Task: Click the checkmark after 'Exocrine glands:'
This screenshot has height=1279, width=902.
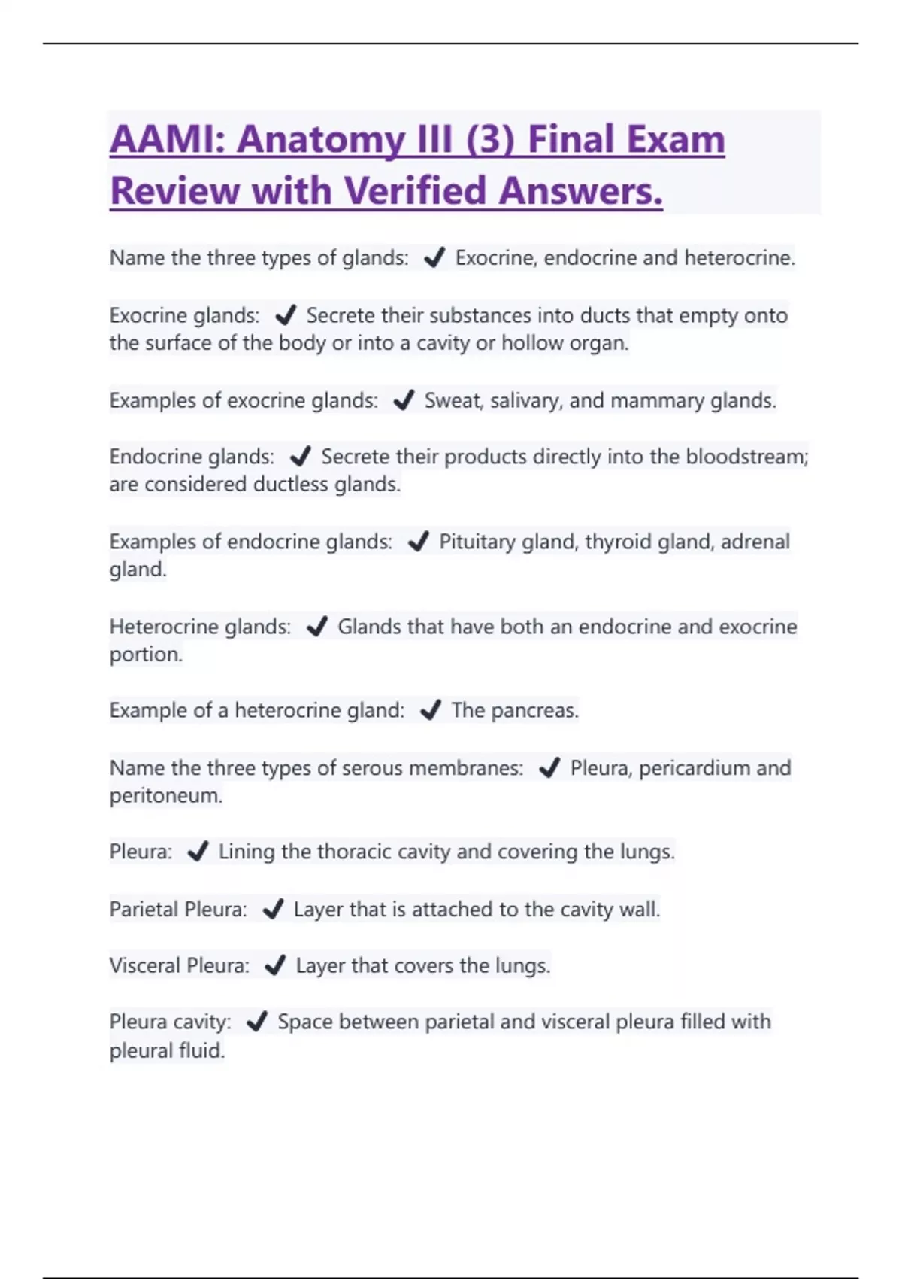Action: tap(286, 315)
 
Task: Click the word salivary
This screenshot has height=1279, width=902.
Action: tap(525, 400)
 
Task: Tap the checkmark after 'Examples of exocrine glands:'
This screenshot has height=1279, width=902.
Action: tap(404, 400)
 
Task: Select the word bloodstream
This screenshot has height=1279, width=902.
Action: tap(746, 457)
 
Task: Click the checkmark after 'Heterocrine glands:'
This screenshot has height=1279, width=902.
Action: tap(317, 627)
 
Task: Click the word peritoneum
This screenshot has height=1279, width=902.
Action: tap(165, 796)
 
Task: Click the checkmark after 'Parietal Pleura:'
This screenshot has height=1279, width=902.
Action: tap(273, 910)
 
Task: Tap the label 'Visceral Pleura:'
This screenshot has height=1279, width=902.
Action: tap(179, 966)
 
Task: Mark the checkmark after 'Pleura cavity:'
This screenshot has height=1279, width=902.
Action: tap(257, 1022)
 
